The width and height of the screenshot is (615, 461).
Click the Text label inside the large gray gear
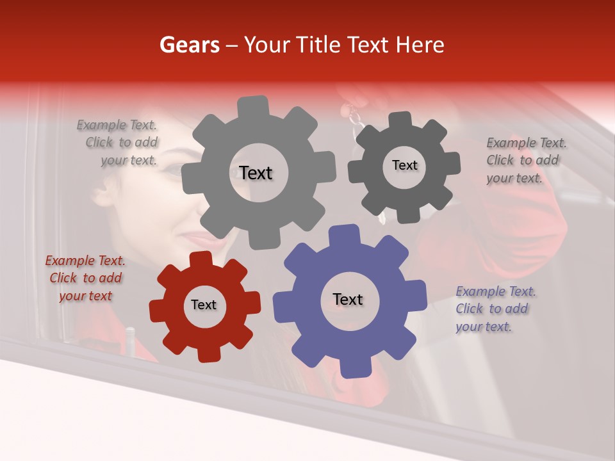click(x=256, y=173)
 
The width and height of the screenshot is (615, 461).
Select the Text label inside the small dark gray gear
click(x=404, y=165)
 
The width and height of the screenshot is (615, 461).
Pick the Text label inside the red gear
click(x=204, y=305)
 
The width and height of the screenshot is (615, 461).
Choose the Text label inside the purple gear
click(x=348, y=299)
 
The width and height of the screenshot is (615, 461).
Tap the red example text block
click(x=85, y=278)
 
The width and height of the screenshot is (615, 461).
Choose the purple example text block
click(x=495, y=309)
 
